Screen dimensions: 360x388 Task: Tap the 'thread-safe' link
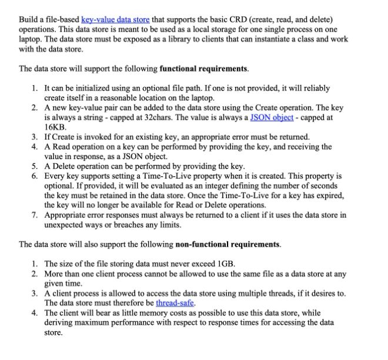tap(175, 303)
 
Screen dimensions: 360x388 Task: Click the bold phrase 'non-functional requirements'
tap(228, 244)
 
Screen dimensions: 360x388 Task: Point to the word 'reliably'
tap(313, 88)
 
